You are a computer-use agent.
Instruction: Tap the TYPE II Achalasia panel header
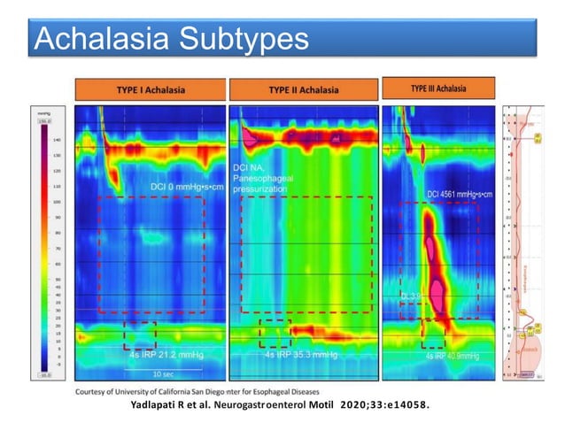[x=303, y=89]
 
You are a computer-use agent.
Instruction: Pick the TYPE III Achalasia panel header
[x=439, y=88]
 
